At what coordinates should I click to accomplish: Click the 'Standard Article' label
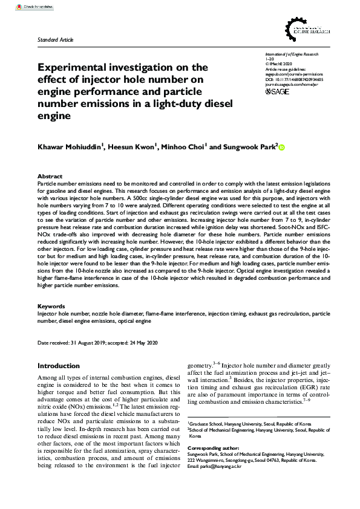click(x=56, y=39)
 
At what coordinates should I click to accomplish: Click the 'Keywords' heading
click(x=51, y=306)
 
